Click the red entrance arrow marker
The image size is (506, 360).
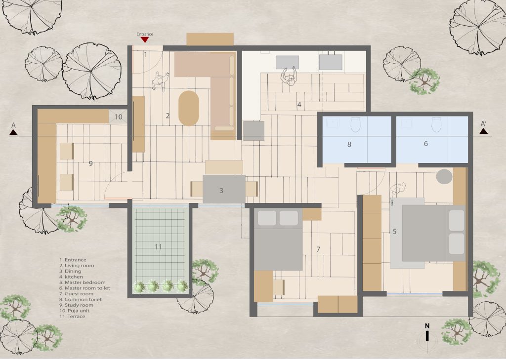pyautogui.click(x=145, y=40)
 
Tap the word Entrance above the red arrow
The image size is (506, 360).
pyautogui.click(x=145, y=34)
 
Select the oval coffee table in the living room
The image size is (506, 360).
pyautogui.click(x=189, y=108)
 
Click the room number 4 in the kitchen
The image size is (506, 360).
pyautogui.click(x=299, y=105)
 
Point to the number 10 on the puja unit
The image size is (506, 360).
pyautogui.click(x=119, y=117)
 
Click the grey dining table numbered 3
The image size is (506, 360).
pyautogui.click(x=224, y=189)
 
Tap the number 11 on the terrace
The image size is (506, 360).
pyautogui.click(x=158, y=247)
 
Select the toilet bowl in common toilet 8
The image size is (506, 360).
pyautogui.click(x=355, y=124)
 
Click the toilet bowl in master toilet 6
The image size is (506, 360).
pyautogui.click(x=436, y=124)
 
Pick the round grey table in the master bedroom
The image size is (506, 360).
pyautogui.click(x=444, y=177)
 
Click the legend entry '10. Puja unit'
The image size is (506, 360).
pyautogui.click(x=75, y=311)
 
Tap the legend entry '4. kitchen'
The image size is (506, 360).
pyautogui.click(x=71, y=277)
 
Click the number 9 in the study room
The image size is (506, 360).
pyautogui.click(x=91, y=163)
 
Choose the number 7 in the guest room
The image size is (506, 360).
pyautogui.click(x=318, y=249)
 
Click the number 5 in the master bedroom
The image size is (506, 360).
pyautogui.click(x=394, y=232)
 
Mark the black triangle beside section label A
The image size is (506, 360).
pyautogui.click(x=13, y=132)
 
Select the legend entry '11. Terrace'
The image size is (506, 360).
pyautogui.click(x=72, y=317)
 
